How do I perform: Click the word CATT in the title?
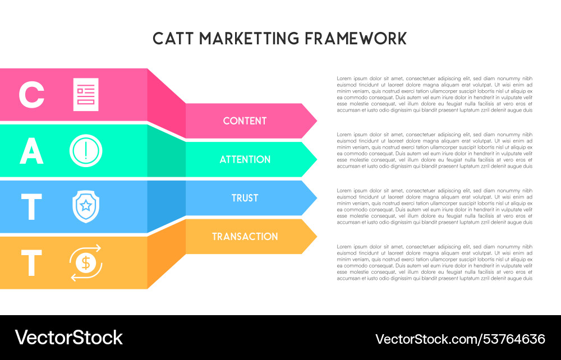pyautogui.click(x=173, y=39)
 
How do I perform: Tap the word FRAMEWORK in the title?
pyautogui.click(x=356, y=39)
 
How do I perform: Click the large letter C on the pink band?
pyautogui.click(x=31, y=95)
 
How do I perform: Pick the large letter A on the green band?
pyautogui.click(x=31, y=151)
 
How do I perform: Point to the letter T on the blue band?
pyautogui.click(x=31, y=207)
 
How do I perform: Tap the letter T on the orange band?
pyautogui.click(x=31, y=262)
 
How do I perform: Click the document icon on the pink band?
pyautogui.click(x=86, y=95)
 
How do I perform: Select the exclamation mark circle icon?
pyautogui.click(x=86, y=151)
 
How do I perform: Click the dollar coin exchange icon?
pyautogui.click(x=86, y=262)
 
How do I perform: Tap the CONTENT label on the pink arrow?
pyautogui.click(x=245, y=121)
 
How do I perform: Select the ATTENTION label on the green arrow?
pyautogui.click(x=245, y=160)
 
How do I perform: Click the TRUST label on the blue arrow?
pyautogui.click(x=245, y=199)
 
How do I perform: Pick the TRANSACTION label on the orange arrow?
pyautogui.click(x=245, y=237)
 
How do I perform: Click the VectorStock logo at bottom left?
pyautogui.click(x=68, y=338)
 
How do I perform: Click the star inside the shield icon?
pyautogui.click(x=86, y=205)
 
